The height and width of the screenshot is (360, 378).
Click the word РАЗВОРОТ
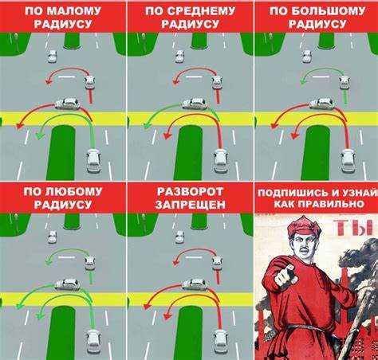pos(189,191)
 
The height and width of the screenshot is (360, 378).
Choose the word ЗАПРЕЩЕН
pos(189,205)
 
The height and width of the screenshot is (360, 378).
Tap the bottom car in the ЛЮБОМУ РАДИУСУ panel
pos(93,340)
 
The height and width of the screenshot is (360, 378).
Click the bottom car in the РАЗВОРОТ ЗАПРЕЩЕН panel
pos(221,340)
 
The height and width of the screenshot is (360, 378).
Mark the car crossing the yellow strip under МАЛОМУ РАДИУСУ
pos(67,104)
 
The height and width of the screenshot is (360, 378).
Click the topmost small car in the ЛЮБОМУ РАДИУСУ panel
pos(52,237)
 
